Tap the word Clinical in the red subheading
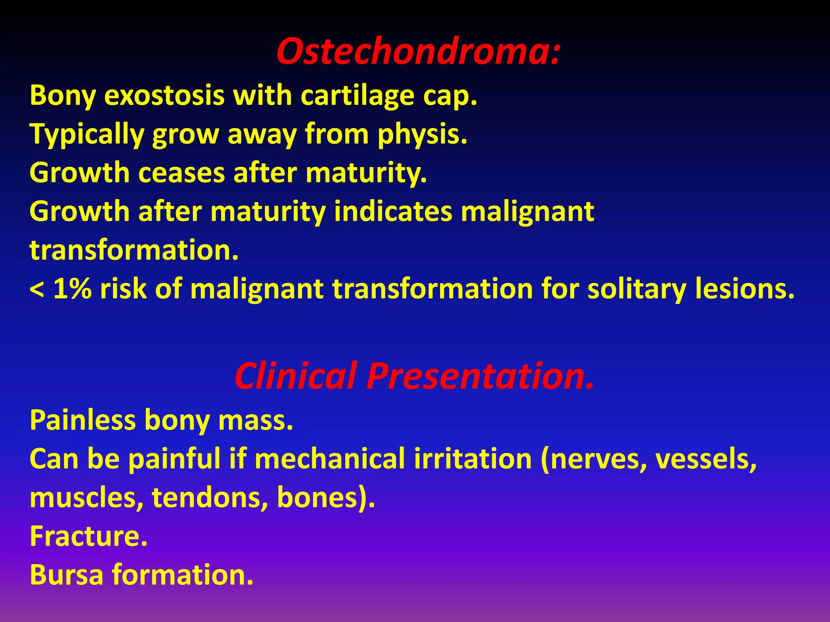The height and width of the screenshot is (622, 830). [x=296, y=376]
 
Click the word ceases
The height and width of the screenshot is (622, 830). [x=181, y=173]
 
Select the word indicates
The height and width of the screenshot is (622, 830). [x=393, y=211]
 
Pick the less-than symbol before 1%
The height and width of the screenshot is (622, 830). [x=37, y=290]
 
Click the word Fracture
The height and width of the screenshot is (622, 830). [x=88, y=536]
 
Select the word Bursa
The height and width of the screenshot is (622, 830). [x=66, y=575]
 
